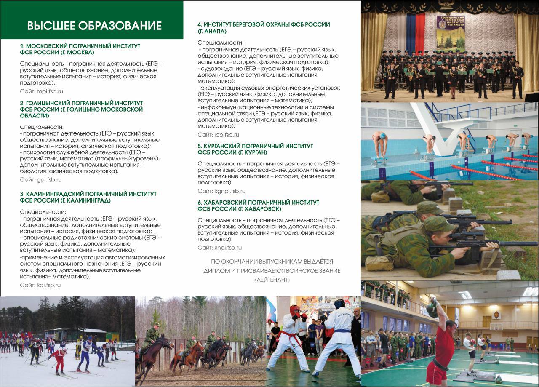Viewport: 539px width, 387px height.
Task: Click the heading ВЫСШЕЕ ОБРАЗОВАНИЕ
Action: pos(94,26)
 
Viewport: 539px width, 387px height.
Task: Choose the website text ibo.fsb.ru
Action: pos(227,135)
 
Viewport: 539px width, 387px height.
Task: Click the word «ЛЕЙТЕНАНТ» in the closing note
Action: pos(272,280)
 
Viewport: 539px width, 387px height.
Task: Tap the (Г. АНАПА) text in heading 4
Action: pos(212,32)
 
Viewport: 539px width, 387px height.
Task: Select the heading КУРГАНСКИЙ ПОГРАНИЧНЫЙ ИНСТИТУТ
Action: pos(255,146)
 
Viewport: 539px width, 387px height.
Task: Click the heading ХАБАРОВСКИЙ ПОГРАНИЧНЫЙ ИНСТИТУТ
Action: pos(258,203)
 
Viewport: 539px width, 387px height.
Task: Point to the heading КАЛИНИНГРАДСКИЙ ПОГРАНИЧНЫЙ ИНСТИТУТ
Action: pos(88,194)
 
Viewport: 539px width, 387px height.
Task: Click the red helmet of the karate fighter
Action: pos(295,310)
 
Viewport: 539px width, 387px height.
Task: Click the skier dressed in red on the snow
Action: pos(59,358)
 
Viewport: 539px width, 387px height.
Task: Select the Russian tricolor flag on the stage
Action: pos(415,34)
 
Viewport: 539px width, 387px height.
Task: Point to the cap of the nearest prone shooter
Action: pos(438,224)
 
